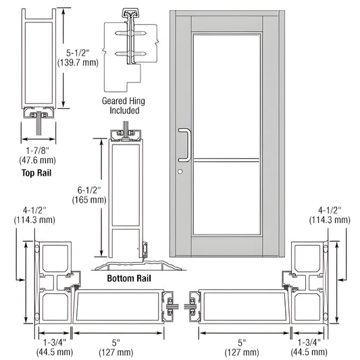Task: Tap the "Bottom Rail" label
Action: click(x=128, y=278)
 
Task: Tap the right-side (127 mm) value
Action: click(x=241, y=352)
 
